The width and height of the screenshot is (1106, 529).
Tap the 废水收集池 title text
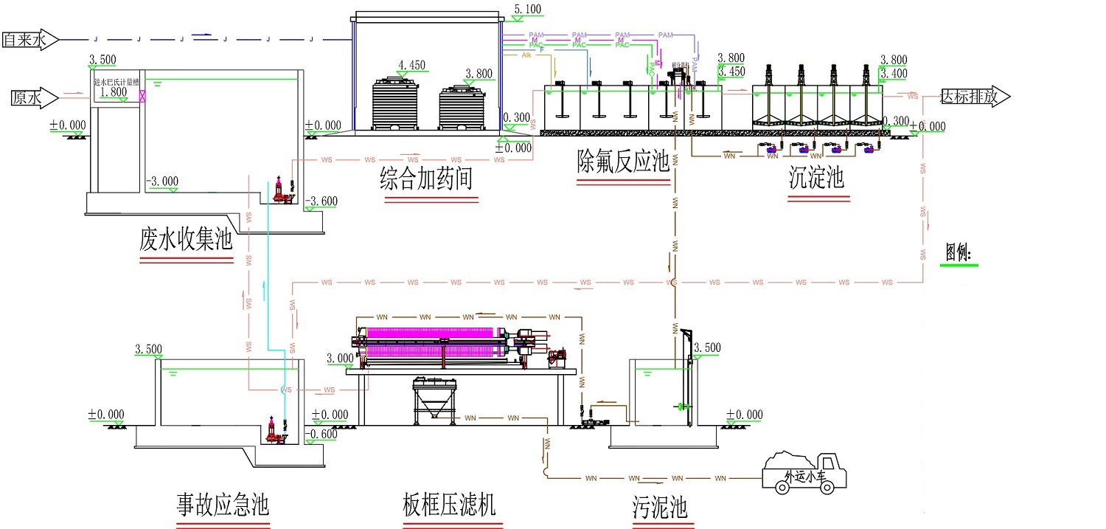tap(185, 240)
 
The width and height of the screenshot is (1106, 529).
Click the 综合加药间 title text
tap(425, 179)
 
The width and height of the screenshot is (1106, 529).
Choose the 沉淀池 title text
tap(816, 179)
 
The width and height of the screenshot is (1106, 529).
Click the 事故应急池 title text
tap(222, 505)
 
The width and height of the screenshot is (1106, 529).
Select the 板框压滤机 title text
tap(449, 505)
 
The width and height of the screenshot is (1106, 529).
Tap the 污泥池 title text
tap(659, 508)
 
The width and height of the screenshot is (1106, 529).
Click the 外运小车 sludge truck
tap(806, 472)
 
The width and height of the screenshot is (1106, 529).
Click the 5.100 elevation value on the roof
tap(527, 10)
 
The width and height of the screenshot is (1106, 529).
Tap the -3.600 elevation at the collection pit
tap(321, 201)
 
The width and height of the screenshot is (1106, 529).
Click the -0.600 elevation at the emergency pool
tap(323, 434)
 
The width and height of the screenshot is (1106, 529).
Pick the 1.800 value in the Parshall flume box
tap(113, 92)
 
